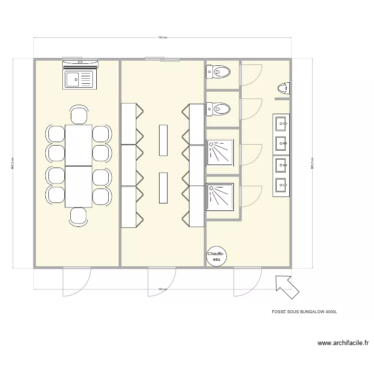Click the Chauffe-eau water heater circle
tap(216, 256)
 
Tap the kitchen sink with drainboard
tap(79, 79)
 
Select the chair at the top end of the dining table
tap(79, 115)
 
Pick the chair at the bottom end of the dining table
tap(79, 216)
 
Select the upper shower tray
tap(220, 152)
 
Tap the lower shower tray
tap(220, 197)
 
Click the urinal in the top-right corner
tap(283, 89)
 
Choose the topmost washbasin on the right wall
tap(281, 122)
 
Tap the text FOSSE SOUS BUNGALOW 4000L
tap(305, 311)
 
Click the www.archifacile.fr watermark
tap(343, 343)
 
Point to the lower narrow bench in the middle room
tap(163, 187)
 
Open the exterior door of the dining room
tap(76, 282)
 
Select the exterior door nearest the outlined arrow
tap(248, 282)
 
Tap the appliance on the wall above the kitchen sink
tap(80, 63)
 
